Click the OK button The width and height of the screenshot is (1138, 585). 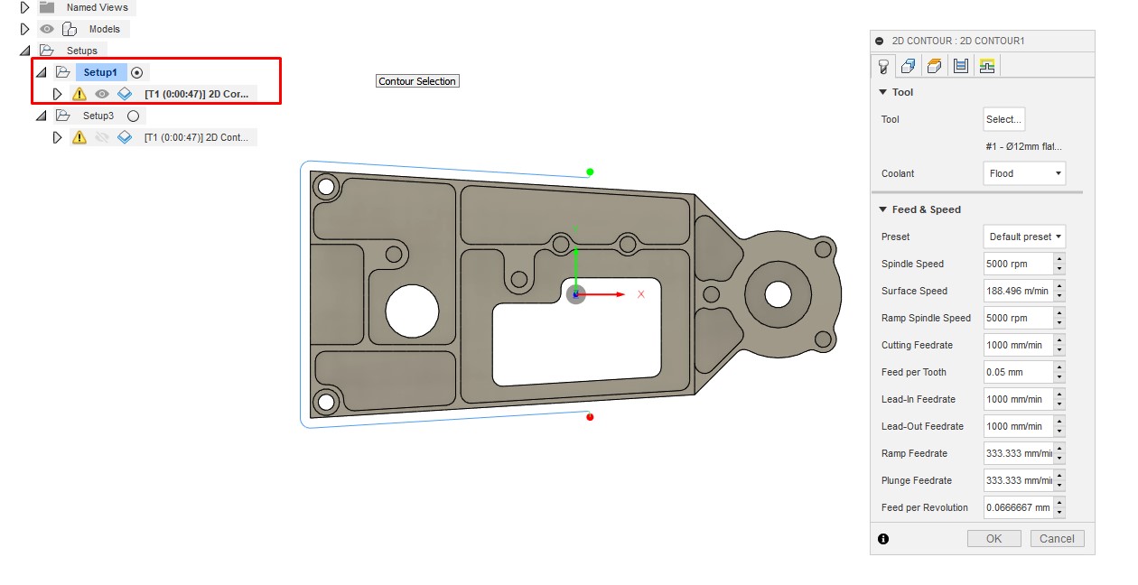coord(993,539)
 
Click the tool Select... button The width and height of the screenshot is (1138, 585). coord(1003,119)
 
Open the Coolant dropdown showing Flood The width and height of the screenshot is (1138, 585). coord(1023,173)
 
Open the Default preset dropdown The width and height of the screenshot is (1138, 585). coord(1024,237)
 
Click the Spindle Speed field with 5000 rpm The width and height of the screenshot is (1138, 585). coord(1018,264)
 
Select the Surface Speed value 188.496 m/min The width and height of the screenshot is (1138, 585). coord(1018,291)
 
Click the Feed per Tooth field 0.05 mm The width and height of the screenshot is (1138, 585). coord(1018,372)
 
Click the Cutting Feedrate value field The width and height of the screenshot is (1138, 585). coord(1018,345)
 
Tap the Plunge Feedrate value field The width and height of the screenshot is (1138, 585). coord(1018,480)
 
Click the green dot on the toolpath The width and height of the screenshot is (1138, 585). coord(590,172)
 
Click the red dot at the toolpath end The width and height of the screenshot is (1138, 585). coord(590,416)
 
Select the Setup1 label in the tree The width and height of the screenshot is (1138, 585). coord(100,72)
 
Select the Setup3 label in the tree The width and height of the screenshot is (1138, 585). coord(98,116)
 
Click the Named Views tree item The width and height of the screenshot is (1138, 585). coord(97,7)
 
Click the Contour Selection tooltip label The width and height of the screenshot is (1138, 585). coord(417,81)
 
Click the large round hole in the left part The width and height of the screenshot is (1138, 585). coord(412,311)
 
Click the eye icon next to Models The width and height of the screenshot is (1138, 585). coord(47,29)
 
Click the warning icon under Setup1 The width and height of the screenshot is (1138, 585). coord(79,94)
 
